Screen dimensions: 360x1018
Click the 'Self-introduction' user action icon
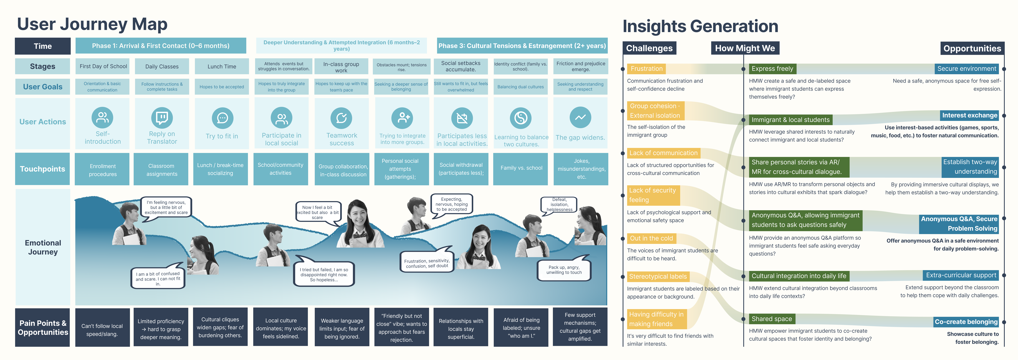102,117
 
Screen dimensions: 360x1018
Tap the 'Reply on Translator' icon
162,117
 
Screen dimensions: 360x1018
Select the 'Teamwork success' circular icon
341,118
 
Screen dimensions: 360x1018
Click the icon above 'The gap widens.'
580,117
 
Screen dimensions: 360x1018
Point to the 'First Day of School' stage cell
103,66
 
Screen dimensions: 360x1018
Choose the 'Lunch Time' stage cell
222,66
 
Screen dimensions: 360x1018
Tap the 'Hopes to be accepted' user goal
222,87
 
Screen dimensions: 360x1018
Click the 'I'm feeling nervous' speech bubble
166,207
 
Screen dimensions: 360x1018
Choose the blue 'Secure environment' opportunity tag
967,69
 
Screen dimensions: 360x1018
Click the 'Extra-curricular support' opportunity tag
961,275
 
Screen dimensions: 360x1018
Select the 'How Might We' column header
745,48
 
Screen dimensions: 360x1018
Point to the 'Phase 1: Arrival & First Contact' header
160,46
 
